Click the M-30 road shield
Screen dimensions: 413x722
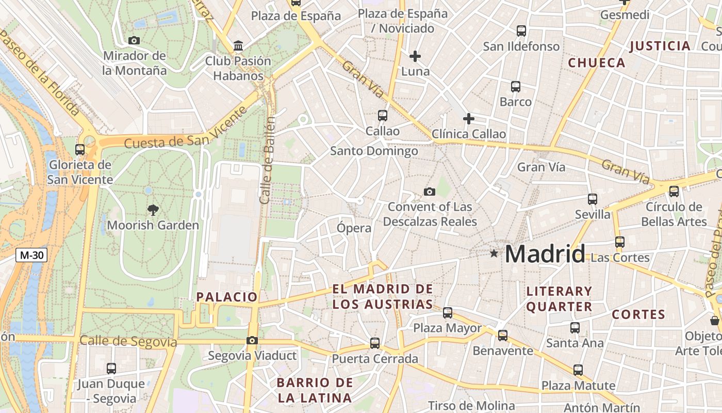31,255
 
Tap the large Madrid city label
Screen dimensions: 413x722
545,254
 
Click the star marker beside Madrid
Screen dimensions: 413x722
494,253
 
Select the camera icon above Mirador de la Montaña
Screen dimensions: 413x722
134,40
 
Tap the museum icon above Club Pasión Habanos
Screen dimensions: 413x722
238,46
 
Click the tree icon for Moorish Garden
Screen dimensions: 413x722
153,210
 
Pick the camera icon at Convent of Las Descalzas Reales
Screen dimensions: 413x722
429,192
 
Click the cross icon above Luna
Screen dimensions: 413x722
415,56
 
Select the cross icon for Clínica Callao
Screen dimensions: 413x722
468,119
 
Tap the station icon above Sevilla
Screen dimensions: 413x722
593,199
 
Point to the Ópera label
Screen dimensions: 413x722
354,228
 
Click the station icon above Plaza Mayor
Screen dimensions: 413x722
448,312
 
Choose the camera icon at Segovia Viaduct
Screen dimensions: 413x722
252,340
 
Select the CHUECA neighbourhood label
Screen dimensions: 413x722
597,63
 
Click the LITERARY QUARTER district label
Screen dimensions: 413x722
559,299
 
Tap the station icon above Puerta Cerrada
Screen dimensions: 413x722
375,343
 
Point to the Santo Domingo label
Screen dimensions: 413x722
374,151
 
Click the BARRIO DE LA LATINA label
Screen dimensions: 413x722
315,390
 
